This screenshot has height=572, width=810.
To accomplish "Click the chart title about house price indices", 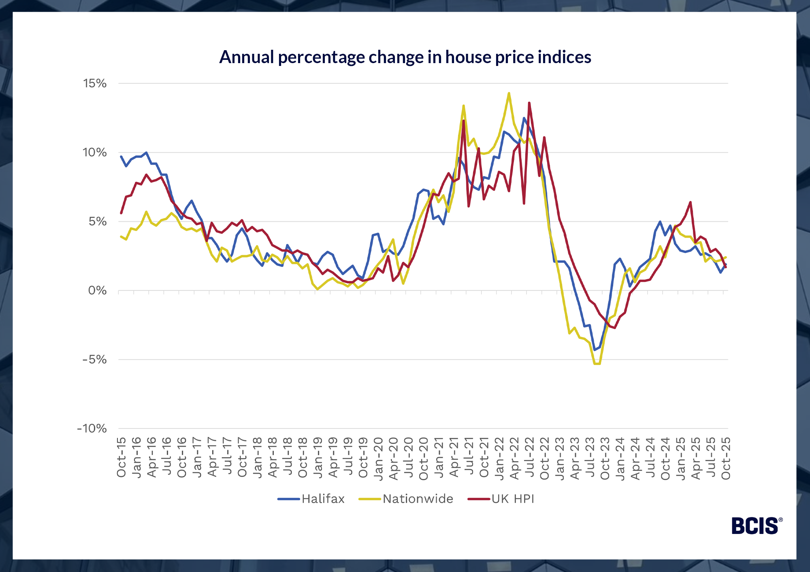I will click(405, 57).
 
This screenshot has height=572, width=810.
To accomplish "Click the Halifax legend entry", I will click(323, 499).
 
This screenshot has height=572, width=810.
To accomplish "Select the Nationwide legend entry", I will click(418, 499).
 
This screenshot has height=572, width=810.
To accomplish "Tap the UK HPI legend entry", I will click(513, 499).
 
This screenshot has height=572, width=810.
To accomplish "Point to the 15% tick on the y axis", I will click(95, 83).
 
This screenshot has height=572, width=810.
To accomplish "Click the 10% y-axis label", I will click(95, 153).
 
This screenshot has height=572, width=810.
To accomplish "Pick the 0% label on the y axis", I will click(97, 290).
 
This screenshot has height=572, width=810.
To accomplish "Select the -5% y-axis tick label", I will click(95, 360).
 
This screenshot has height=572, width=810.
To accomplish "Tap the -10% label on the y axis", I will click(92, 429).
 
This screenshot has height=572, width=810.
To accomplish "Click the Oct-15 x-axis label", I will click(122, 457).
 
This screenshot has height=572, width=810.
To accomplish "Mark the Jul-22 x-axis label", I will click(529, 457).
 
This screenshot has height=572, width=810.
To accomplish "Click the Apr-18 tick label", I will click(273, 457).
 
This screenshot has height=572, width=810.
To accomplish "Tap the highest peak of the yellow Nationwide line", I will click(509, 93).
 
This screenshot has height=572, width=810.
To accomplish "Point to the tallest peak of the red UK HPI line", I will click(529, 103).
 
